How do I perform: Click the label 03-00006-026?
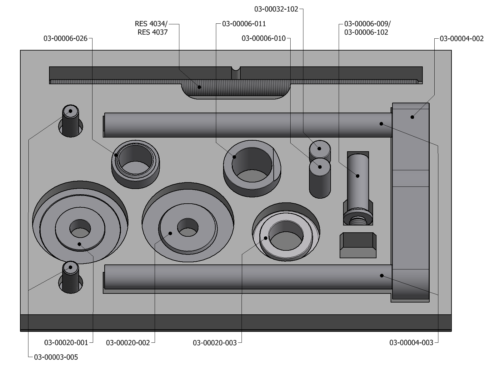[x=65, y=39]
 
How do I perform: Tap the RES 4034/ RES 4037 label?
[x=152, y=28]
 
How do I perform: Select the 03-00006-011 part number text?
[x=244, y=24]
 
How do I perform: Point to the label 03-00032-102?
[x=276, y=9]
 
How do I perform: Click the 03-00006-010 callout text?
[x=263, y=38]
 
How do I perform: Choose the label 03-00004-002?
[x=462, y=39]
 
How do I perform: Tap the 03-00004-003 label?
[x=411, y=343]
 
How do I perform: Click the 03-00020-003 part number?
[x=215, y=343]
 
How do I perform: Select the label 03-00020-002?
[x=128, y=343]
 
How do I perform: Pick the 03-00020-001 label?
[x=66, y=343]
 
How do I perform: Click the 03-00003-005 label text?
[x=56, y=357]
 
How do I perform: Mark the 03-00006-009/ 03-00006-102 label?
[x=367, y=28]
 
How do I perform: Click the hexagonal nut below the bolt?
[x=358, y=245]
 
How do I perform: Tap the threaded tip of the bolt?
[x=358, y=221]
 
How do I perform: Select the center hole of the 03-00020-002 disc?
[x=188, y=227]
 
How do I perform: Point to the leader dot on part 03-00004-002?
[x=412, y=117]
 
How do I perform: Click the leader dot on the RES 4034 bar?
[x=199, y=87]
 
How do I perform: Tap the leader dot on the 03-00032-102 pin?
[x=319, y=148]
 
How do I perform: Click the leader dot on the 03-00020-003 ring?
[x=266, y=238]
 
